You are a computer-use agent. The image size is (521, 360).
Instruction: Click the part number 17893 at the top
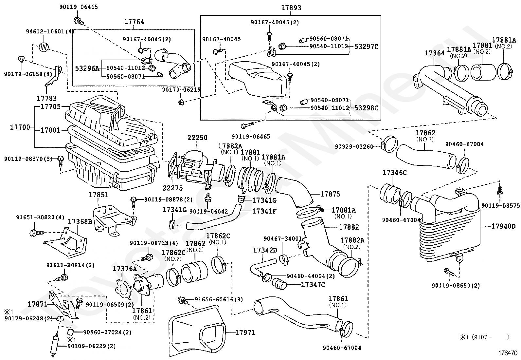point(291,8)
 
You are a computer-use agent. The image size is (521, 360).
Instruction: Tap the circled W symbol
point(44,47)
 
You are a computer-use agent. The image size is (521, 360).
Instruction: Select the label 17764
point(134,22)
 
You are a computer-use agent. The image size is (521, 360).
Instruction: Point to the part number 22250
point(197,138)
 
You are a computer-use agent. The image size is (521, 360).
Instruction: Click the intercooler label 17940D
point(503,226)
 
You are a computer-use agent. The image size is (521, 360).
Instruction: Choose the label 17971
point(245,333)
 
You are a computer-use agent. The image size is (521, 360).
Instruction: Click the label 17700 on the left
point(20,127)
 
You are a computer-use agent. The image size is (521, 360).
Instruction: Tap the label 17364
point(434,53)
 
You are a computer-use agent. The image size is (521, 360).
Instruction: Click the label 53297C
point(366,47)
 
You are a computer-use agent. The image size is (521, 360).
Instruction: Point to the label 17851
point(98,195)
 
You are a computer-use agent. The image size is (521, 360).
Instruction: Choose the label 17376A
point(125,269)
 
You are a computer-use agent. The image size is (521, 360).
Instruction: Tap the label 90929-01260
point(354,146)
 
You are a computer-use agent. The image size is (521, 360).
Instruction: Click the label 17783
point(46,98)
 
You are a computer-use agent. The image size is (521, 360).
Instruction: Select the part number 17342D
point(265,251)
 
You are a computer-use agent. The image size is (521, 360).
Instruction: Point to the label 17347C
point(313,285)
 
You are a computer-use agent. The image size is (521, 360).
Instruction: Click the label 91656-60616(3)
point(219,299)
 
